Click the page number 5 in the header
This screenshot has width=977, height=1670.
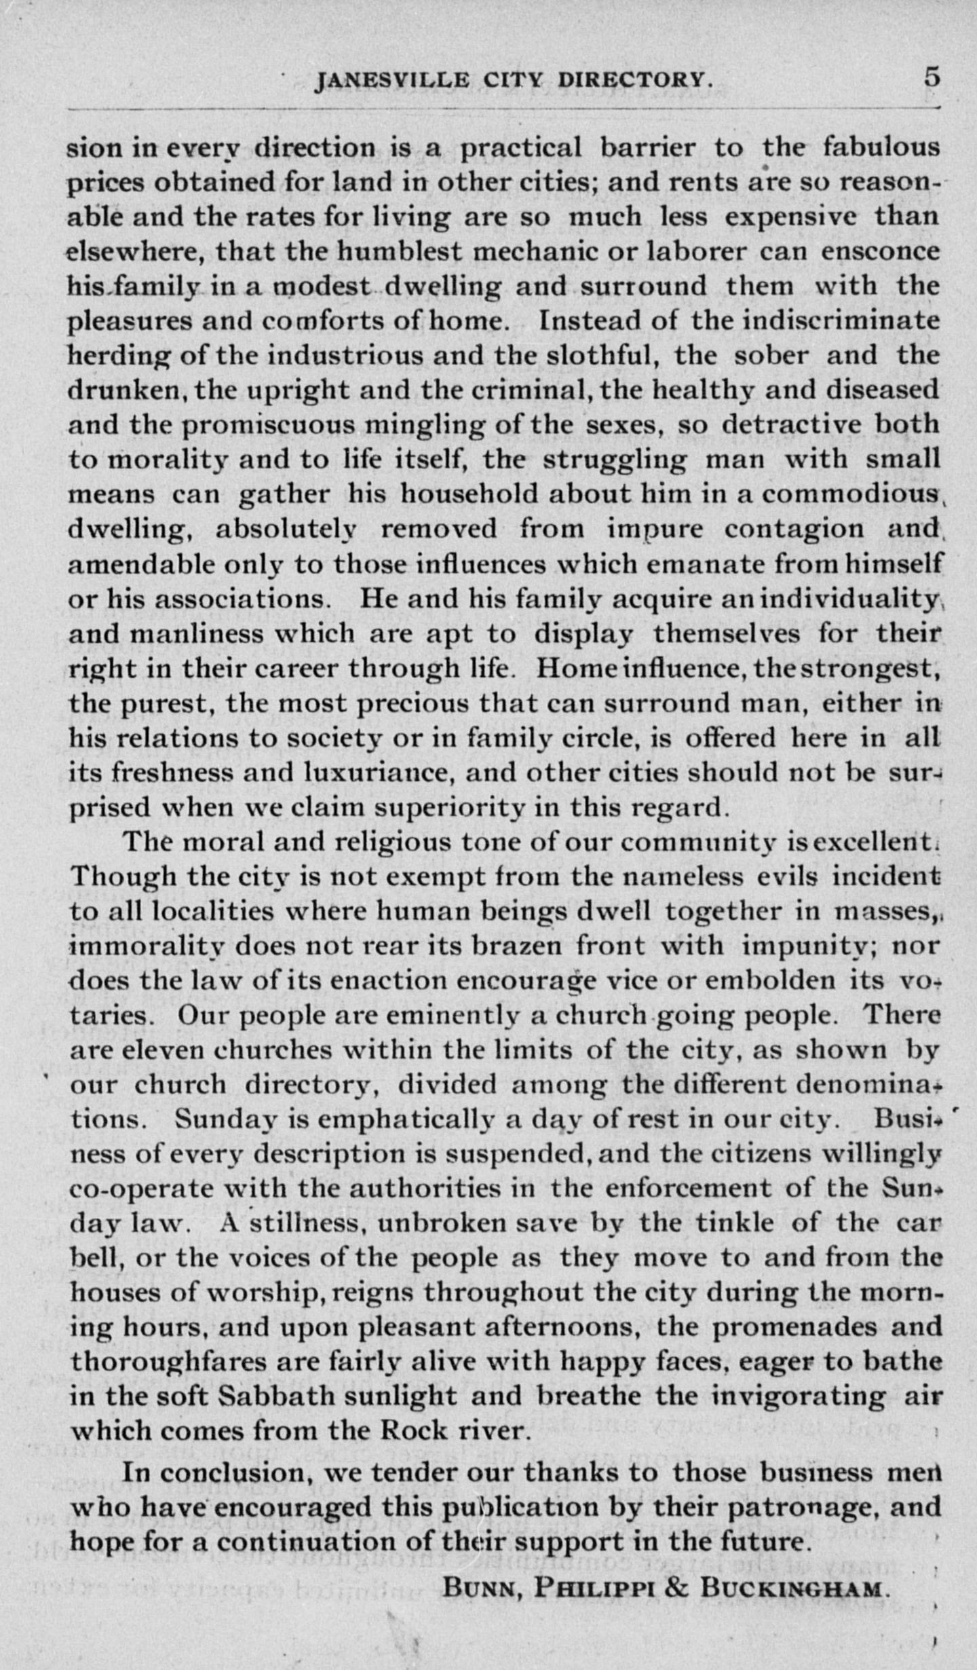pos(932,77)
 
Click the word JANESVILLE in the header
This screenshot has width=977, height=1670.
pos(392,81)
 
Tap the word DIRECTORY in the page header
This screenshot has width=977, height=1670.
pos(636,81)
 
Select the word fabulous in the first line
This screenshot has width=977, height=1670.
pos(881,147)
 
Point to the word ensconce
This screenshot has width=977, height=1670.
pos(881,252)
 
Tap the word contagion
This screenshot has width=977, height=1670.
pos(794,529)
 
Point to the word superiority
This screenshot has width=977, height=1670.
pos(450,808)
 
